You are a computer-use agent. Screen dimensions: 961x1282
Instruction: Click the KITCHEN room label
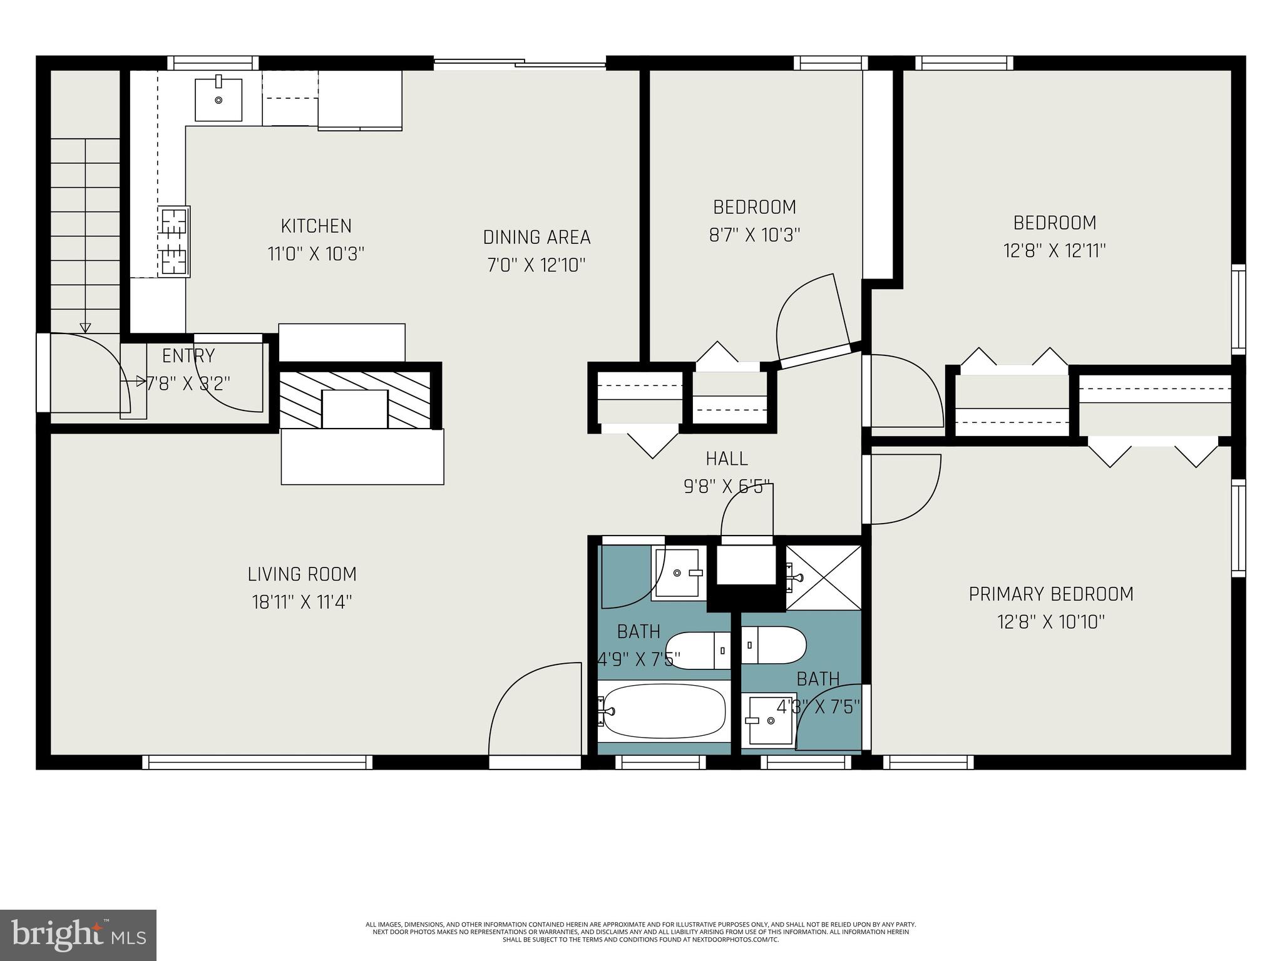[x=315, y=226]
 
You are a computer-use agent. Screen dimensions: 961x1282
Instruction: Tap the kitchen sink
[x=218, y=99]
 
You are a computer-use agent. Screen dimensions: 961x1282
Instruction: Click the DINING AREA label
[x=536, y=238]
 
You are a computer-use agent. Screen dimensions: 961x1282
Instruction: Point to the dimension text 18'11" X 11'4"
[x=302, y=603]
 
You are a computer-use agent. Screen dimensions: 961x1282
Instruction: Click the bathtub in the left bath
[x=664, y=711]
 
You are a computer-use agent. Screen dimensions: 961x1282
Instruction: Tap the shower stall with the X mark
[x=823, y=576]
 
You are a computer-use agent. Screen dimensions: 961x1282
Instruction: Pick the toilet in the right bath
[x=774, y=645]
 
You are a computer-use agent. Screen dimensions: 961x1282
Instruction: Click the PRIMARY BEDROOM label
[x=1051, y=594]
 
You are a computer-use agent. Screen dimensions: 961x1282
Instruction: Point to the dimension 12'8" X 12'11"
[x=1054, y=252]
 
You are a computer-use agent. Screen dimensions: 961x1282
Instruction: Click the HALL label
[x=727, y=459]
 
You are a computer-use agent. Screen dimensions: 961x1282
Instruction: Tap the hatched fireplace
[x=355, y=400]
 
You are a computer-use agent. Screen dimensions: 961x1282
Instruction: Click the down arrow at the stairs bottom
[x=85, y=327]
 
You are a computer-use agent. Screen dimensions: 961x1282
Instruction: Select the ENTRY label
[x=188, y=356]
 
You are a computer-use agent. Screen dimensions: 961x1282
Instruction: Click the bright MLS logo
[x=78, y=935]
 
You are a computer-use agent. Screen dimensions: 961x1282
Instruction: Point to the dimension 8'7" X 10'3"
[x=754, y=235]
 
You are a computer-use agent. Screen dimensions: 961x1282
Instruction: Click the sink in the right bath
[x=769, y=720]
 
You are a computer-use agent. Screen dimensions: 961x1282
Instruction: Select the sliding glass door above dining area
[x=520, y=63]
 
